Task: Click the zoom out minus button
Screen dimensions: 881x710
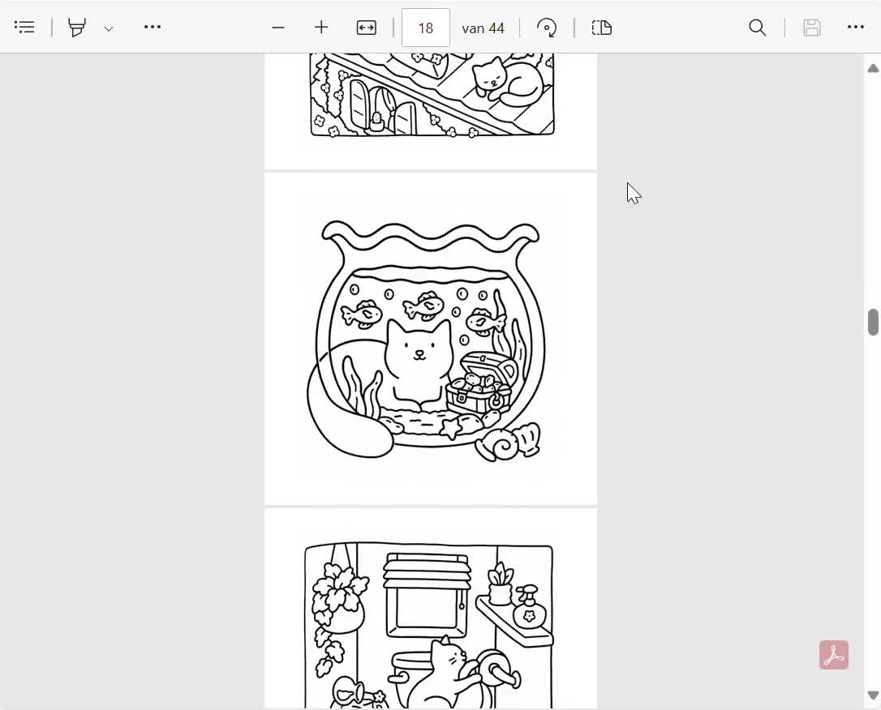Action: (278, 28)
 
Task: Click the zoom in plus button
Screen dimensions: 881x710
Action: (320, 28)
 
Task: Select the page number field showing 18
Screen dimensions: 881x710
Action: (425, 28)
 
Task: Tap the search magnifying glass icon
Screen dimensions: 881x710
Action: (758, 28)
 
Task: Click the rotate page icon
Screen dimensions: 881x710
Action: (547, 28)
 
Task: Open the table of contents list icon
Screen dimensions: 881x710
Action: (24, 27)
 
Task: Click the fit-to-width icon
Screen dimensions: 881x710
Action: (367, 28)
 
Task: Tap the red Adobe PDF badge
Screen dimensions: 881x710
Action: (834, 655)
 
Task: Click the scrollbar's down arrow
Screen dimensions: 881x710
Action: (873, 695)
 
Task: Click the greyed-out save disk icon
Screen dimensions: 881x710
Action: (812, 28)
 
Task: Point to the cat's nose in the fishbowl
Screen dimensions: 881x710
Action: (419, 353)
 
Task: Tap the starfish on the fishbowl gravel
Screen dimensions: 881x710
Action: (450, 428)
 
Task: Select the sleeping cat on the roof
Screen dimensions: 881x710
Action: (507, 80)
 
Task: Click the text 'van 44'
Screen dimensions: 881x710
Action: (483, 28)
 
